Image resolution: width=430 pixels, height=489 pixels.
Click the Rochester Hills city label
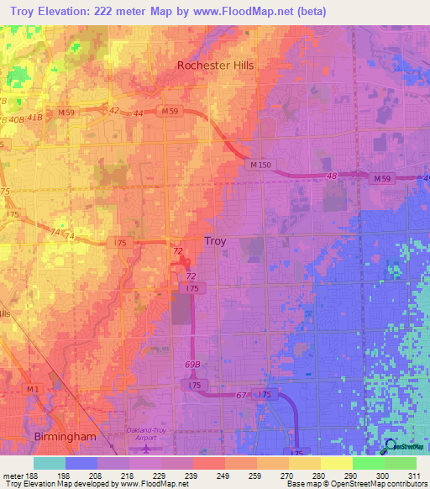(215, 65)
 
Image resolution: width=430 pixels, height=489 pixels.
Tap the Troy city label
(215, 241)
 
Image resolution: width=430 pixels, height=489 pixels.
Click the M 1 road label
(33, 389)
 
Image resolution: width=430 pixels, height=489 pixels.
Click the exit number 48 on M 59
(332, 175)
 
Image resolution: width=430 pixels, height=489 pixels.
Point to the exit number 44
(139, 112)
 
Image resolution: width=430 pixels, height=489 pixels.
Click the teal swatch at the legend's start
(50, 463)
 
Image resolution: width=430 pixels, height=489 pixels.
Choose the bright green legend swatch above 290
(368, 463)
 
